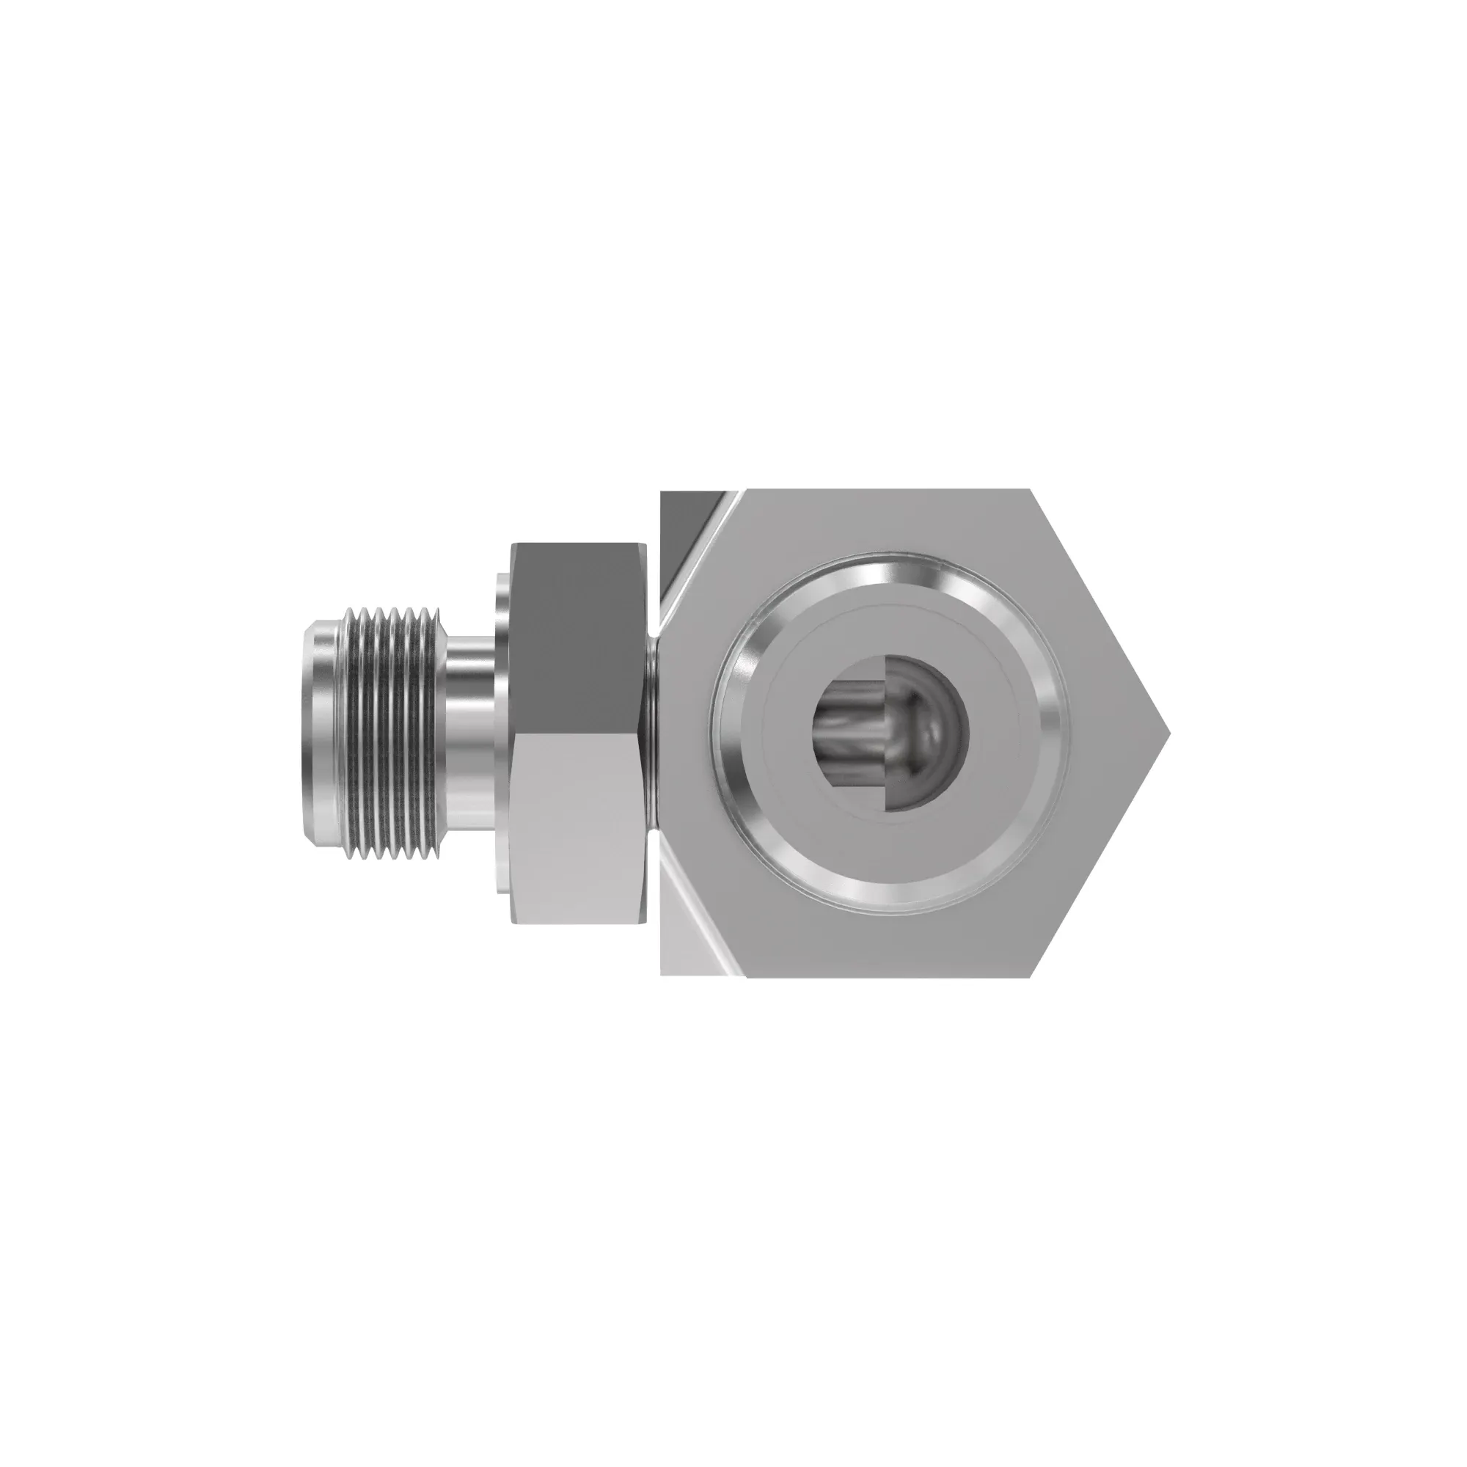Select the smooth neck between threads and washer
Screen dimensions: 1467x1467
[x=469, y=733]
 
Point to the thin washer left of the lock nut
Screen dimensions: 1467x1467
[x=502, y=733]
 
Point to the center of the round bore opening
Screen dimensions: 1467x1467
[x=890, y=733]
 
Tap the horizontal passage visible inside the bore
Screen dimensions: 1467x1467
[x=850, y=733]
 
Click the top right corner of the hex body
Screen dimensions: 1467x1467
[x=1030, y=492]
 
